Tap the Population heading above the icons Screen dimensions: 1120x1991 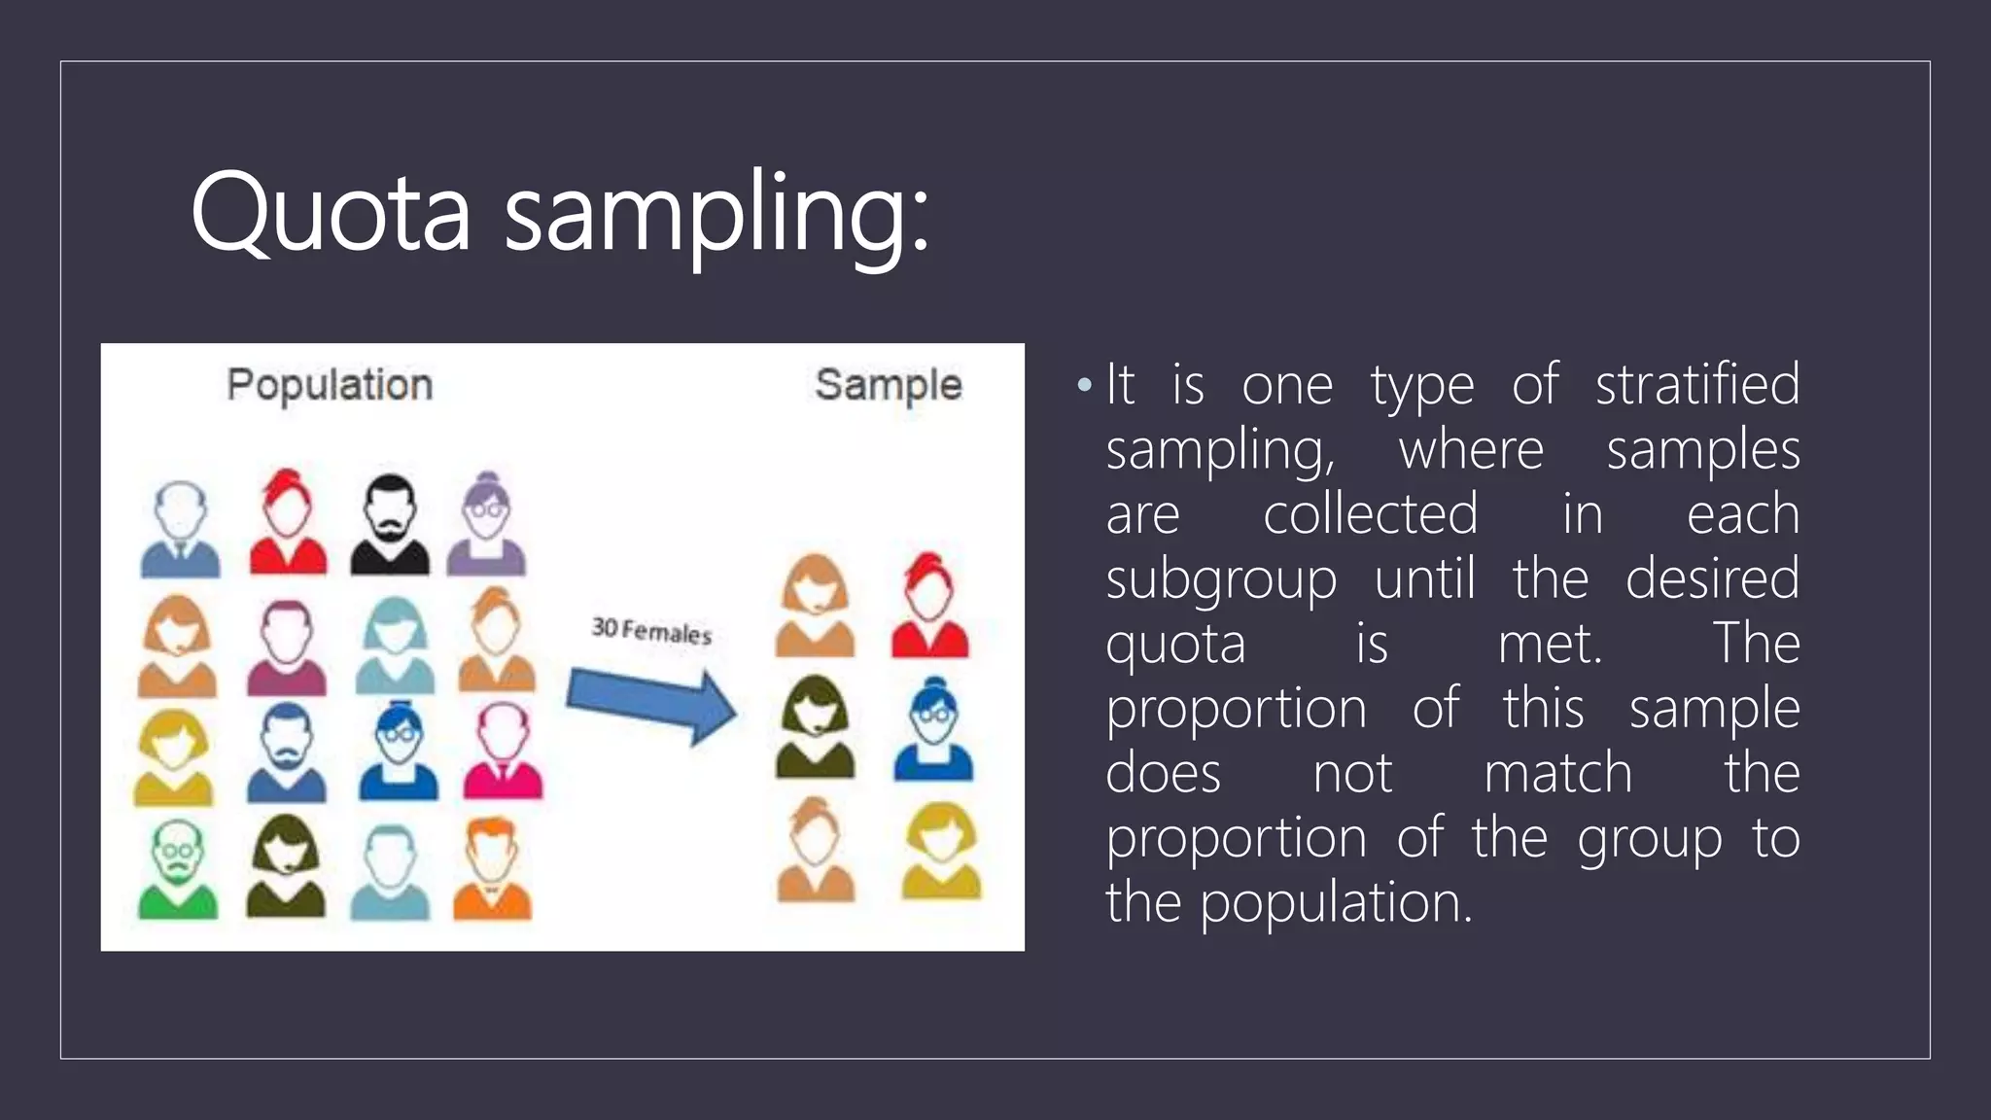(330, 385)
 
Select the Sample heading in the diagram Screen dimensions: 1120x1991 (889, 385)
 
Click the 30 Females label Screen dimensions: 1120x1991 (651, 631)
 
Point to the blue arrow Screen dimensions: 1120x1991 (650, 703)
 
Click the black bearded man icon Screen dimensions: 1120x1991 (390, 525)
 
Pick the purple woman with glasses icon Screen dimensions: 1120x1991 (486, 525)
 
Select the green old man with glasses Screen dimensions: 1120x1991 (178, 870)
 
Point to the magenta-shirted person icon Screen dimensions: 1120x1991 (287, 647)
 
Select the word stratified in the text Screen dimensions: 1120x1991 (1697, 384)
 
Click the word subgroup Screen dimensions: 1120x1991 (1221, 580)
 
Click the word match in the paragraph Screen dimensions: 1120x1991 (1557, 773)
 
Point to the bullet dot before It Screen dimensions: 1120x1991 (1085, 386)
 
